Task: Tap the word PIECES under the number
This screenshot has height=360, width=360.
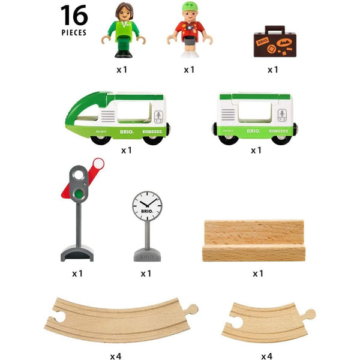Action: point(74,33)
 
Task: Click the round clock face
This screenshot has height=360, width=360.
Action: point(147,207)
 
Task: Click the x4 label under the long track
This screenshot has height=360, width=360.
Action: point(116,356)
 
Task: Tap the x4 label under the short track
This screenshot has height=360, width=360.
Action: point(266,356)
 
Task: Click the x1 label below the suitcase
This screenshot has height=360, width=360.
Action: point(273,70)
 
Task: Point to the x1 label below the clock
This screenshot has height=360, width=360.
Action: point(146,274)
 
